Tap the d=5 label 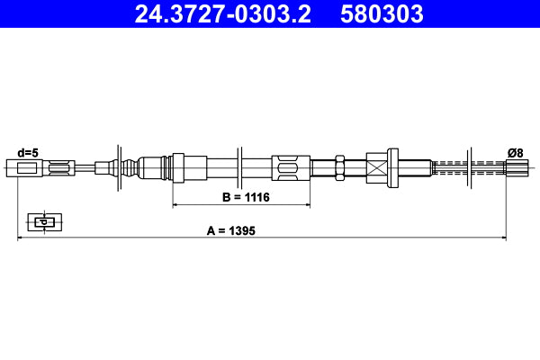point(28,152)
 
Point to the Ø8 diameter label point(516,152)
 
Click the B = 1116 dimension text point(246,196)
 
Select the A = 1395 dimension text point(231,230)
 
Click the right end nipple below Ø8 point(516,167)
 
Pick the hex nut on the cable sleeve point(340,167)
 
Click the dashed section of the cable point(450,167)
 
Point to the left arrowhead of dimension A point(21,238)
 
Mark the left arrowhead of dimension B point(175,205)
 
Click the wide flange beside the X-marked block point(393,167)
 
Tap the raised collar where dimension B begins point(177,167)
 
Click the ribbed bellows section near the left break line point(131,167)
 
